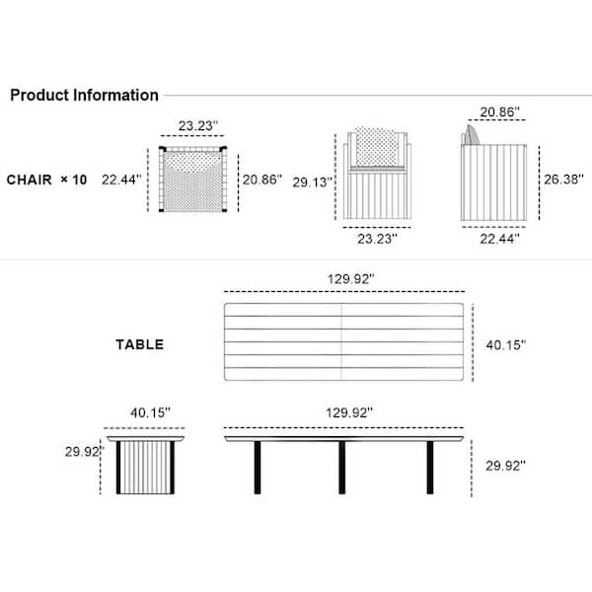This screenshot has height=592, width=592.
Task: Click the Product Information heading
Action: pyautogui.click(x=84, y=95)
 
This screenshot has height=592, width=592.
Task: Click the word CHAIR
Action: pyautogui.click(x=29, y=180)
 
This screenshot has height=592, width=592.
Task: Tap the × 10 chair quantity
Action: pyautogui.click(x=74, y=180)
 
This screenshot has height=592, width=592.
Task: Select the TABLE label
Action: pyautogui.click(x=140, y=344)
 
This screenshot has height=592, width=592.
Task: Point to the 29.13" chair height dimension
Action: pyautogui.click(x=312, y=183)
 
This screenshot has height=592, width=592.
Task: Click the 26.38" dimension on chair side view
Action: pyautogui.click(x=563, y=180)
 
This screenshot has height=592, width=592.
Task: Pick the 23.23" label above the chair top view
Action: pyautogui.click(x=198, y=125)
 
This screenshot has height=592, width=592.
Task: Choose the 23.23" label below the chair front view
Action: pyautogui.click(x=377, y=239)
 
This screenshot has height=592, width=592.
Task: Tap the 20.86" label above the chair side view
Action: pyautogui.click(x=499, y=111)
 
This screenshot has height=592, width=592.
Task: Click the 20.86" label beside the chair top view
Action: pyautogui.click(x=262, y=180)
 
